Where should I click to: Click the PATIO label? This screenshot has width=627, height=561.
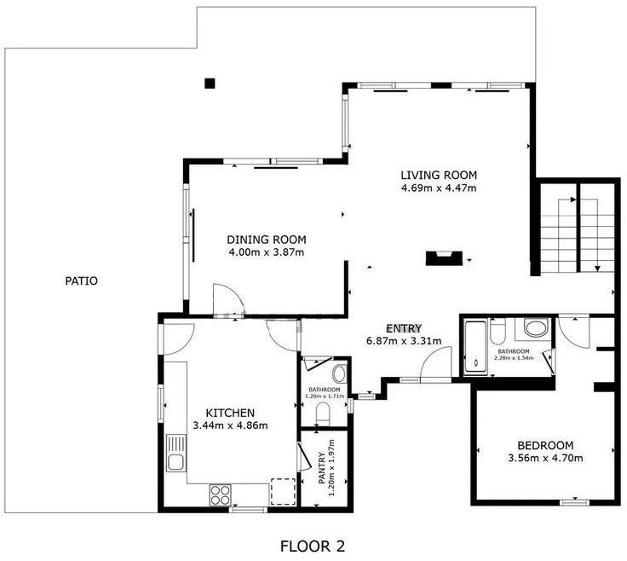tap(81, 280)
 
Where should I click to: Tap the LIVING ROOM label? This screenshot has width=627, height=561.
tap(439, 176)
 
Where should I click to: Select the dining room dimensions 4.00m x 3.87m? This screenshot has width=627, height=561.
tap(267, 252)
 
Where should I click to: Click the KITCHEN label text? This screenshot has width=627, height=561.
tap(230, 413)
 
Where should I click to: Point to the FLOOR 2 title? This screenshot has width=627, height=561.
tap(313, 547)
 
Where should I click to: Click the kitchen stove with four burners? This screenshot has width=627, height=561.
tap(221, 495)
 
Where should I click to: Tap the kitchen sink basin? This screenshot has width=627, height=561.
tap(175, 463)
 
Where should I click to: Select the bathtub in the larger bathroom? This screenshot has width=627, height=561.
tap(476, 347)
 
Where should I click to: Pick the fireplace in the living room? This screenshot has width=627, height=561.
tap(444, 258)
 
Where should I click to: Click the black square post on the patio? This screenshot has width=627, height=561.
tap(210, 84)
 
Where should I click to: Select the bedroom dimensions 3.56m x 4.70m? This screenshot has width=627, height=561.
tap(545, 458)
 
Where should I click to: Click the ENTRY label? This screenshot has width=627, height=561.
tap(404, 328)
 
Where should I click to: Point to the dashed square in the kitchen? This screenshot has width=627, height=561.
tap(283, 492)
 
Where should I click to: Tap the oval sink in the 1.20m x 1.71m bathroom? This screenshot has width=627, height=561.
tap(340, 373)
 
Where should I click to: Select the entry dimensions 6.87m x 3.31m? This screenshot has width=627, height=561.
tap(404, 341)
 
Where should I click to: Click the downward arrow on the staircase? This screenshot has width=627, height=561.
tap(598, 269)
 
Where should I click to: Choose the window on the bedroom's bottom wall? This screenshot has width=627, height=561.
tap(574, 502)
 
